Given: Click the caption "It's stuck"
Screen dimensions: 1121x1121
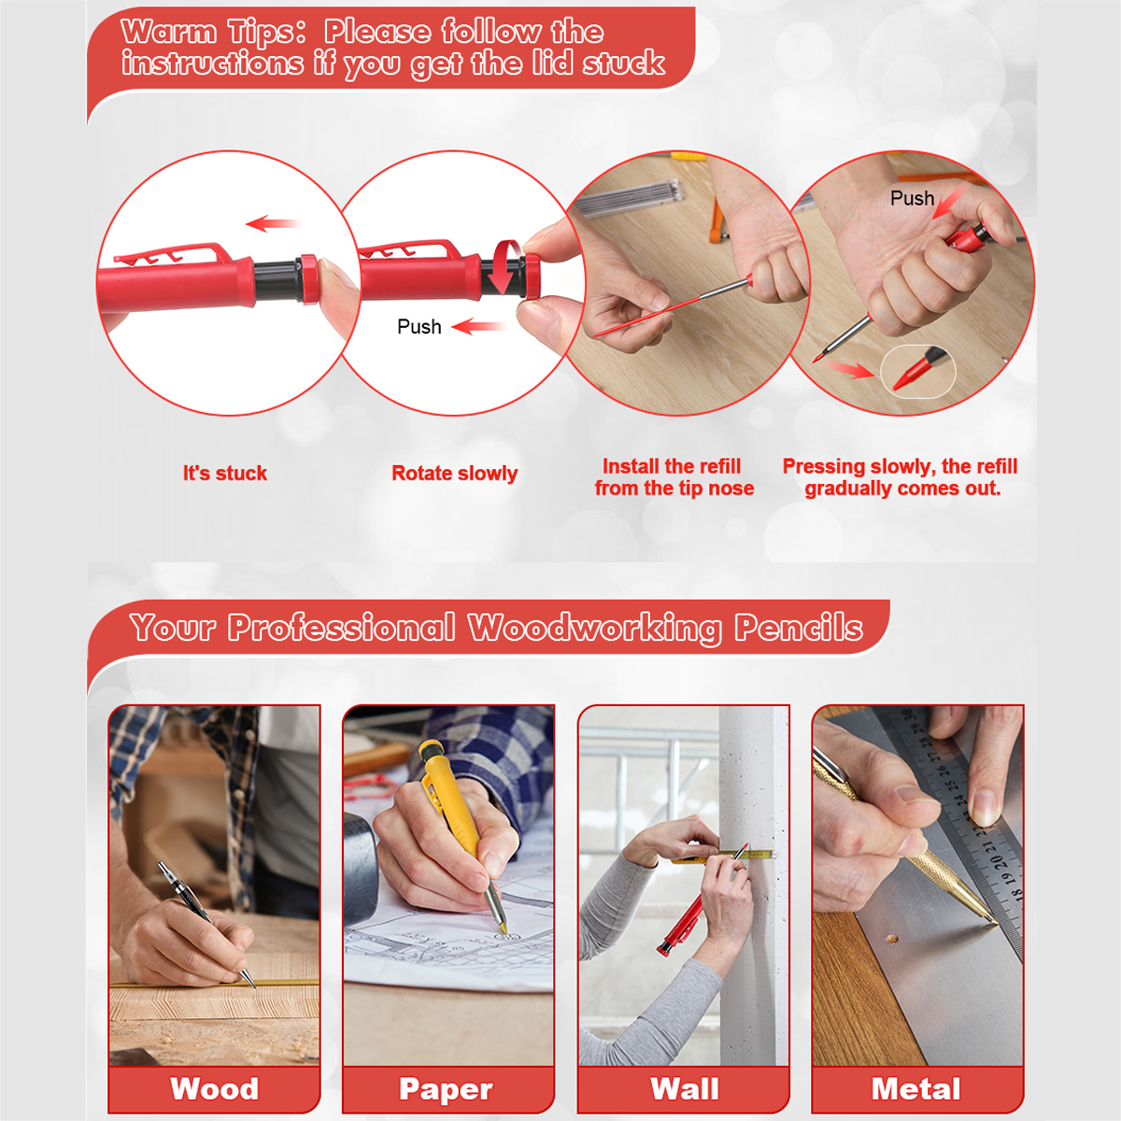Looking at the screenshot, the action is point(224,473).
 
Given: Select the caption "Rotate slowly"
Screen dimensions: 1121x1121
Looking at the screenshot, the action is point(454,474).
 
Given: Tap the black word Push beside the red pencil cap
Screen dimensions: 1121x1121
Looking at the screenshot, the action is point(419,326).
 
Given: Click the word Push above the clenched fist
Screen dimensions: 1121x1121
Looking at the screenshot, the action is point(912,198).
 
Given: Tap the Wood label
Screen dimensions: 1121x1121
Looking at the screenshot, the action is point(214,1088).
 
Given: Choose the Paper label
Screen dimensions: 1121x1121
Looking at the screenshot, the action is point(446,1089).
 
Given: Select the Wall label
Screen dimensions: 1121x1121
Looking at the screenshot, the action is point(684,1088).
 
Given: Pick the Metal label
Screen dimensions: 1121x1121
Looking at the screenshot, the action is point(915,1088).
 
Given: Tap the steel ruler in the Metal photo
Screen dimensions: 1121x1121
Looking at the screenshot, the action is point(960,826).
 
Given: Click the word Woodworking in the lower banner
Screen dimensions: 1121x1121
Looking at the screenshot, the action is point(594,629).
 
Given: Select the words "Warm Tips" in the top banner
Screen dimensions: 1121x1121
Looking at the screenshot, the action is point(213,32).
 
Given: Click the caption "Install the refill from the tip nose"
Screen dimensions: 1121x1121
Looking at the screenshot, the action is point(674,477).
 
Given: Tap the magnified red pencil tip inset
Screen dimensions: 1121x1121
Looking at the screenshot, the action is point(918,372).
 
